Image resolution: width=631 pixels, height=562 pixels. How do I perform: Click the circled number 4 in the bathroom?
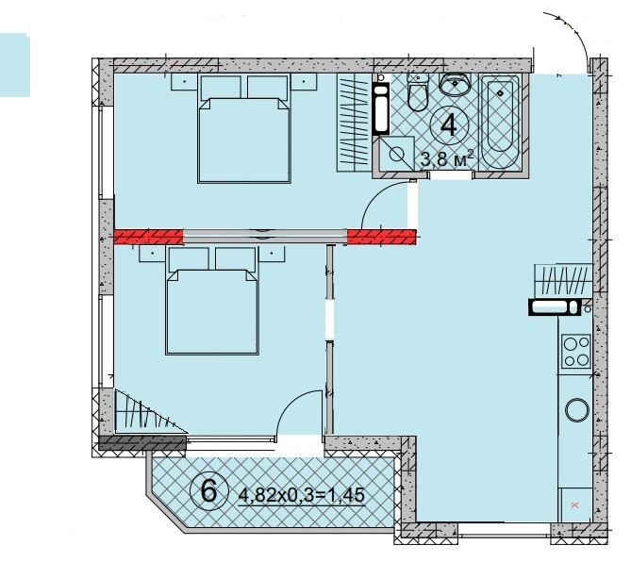tap(449, 124)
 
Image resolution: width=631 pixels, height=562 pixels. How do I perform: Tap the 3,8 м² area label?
tap(446, 159)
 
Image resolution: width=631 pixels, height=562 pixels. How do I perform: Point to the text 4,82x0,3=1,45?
tap(302, 495)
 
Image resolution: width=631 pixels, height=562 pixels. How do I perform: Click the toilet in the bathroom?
tap(417, 92)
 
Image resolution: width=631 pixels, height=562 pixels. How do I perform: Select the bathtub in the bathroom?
tap(500, 121)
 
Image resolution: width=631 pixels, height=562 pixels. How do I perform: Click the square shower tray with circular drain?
tap(397, 154)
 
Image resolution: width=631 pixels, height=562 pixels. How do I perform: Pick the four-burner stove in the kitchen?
tap(576, 352)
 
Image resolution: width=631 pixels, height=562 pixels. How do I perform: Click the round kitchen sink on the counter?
tap(577, 410)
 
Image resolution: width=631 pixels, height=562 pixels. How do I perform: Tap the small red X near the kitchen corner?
tap(574, 504)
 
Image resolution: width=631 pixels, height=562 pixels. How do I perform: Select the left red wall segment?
tap(148, 237)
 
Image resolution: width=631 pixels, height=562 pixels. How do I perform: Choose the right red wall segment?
tap(381, 237)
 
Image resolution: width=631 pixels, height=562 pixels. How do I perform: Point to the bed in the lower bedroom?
tap(212, 301)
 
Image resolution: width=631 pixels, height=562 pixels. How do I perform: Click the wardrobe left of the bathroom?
tap(354, 123)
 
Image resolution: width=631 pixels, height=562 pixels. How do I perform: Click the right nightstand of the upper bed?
tap(304, 82)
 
